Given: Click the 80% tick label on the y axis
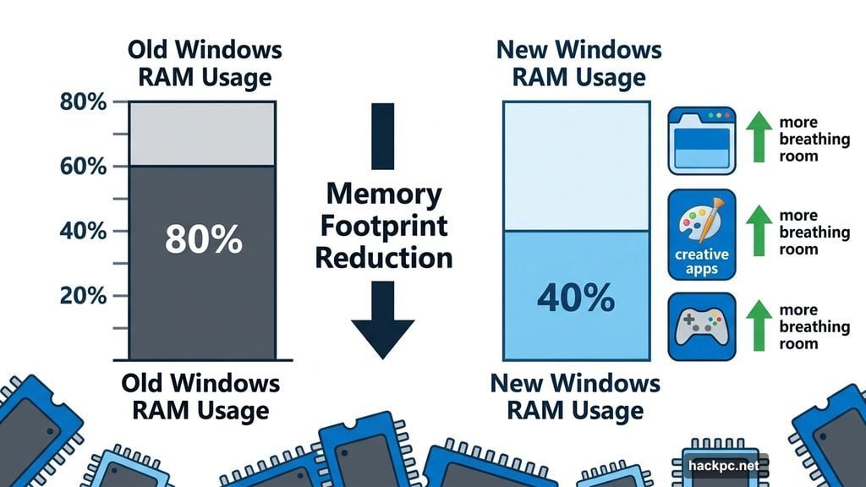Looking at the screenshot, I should (84, 102).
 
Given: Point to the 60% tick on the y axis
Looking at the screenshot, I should (84, 167).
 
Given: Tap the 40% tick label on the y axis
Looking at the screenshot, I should (84, 231).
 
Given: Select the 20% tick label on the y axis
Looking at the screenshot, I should (84, 295).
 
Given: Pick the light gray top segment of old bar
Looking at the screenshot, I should (201, 134).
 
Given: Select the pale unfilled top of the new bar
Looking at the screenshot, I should (576, 166).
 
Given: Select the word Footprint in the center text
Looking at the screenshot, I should (383, 226).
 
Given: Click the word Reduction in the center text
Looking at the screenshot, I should (383, 256).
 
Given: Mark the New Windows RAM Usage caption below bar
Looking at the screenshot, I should (575, 397).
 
